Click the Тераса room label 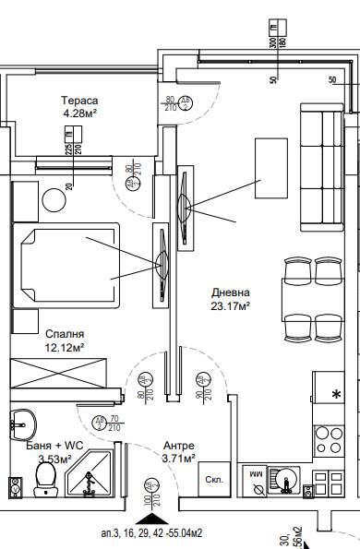pyautogui.click(x=80, y=101)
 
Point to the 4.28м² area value pyautogui.click(x=80, y=113)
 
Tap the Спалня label pyautogui.click(x=65, y=335)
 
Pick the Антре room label pyautogui.click(x=178, y=444)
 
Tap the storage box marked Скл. pyautogui.click(x=211, y=479)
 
